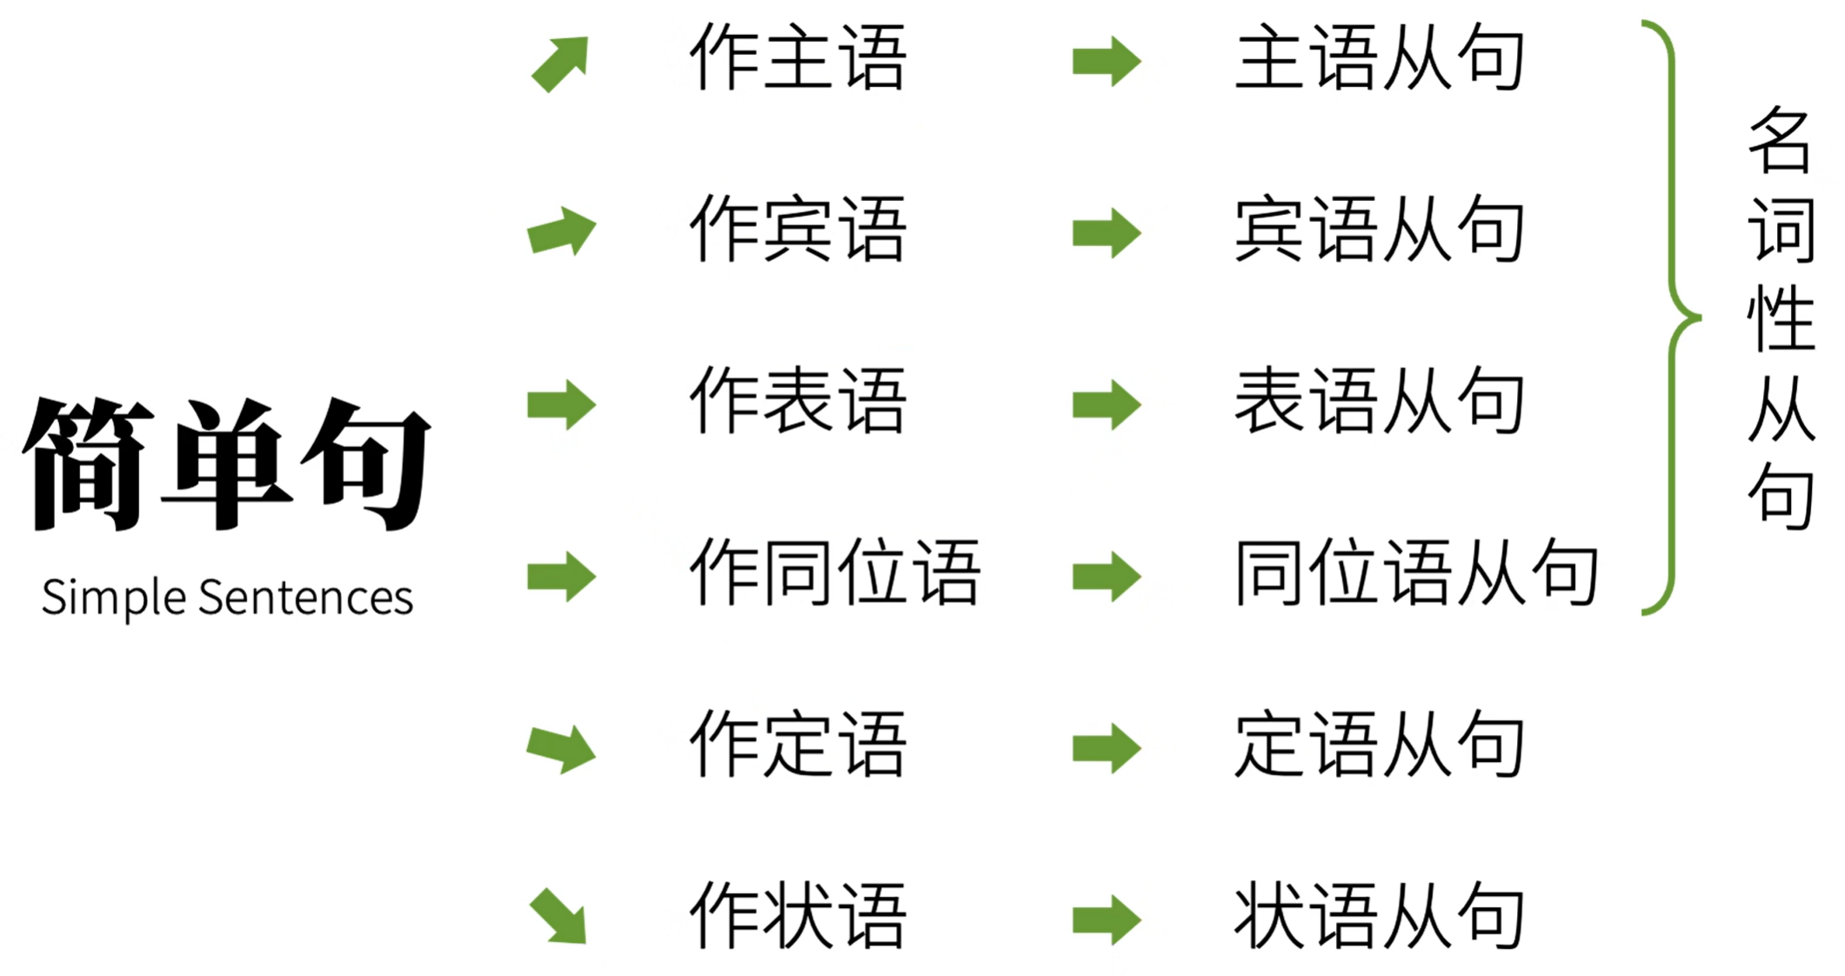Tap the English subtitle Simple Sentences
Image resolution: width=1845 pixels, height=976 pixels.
pos(228,598)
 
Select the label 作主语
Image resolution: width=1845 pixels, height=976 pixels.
pos(798,58)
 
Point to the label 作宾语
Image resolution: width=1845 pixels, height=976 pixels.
pos(798,230)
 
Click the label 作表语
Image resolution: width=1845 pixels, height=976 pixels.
pos(798,401)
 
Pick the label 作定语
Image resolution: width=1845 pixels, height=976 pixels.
pos(798,744)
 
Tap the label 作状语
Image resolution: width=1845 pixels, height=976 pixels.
pos(798,915)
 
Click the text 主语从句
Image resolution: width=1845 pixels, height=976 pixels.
pos(1380,58)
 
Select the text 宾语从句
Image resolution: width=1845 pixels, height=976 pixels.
pos(1380,230)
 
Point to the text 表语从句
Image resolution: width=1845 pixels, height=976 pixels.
pos(1380,401)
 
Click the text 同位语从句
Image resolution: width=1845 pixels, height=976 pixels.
pos(1417,572)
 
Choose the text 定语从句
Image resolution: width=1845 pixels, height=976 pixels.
pos(1380,744)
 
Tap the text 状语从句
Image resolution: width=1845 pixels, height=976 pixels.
pos(1380,915)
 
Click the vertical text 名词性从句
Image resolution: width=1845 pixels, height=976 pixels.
pos(1781,318)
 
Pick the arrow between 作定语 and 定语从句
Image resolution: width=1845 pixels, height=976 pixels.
pos(1106,748)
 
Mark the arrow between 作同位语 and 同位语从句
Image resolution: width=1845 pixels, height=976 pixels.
pos(1106,577)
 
